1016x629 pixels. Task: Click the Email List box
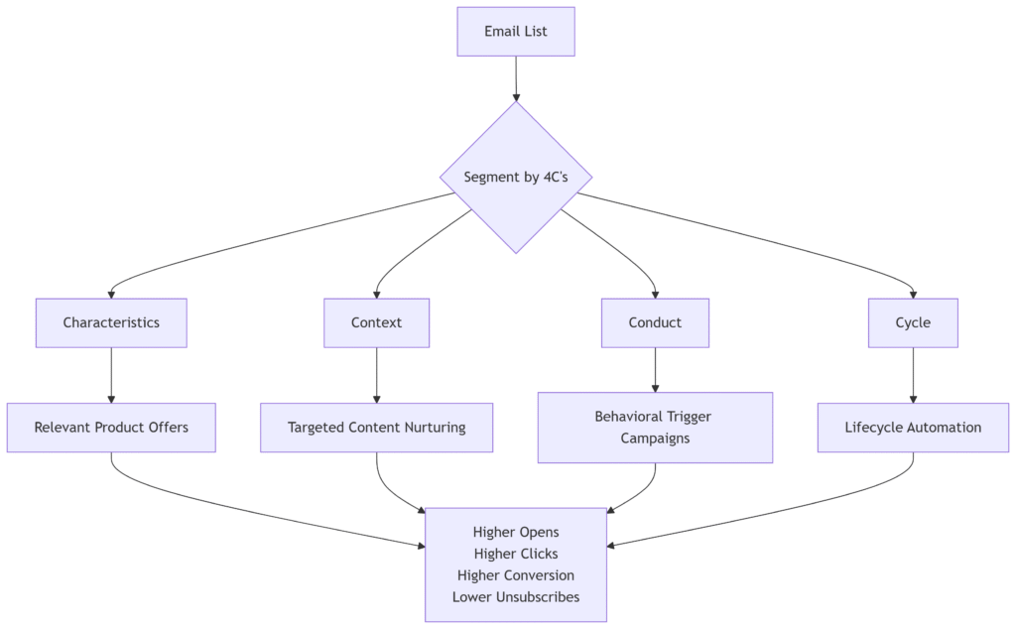[516, 32]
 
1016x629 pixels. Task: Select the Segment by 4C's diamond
[516, 178]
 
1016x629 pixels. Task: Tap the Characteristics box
[111, 322]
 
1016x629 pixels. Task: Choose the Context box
[376, 322]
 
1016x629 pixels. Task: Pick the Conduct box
[655, 322]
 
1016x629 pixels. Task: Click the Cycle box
[913, 322]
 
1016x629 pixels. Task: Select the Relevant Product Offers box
[111, 428]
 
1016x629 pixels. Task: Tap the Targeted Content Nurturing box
[376, 428]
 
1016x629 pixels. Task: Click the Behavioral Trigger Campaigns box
[655, 428]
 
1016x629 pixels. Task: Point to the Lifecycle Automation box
[913, 428]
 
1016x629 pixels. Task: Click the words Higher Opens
[516, 533]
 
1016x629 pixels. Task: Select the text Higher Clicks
[516, 554]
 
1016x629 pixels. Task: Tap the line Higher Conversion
[516, 575]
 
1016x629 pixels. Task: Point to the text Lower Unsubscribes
[516, 596]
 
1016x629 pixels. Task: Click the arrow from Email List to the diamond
[516, 79]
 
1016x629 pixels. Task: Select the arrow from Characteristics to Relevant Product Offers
[111, 376]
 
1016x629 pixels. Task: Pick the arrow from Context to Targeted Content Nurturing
[376, 376]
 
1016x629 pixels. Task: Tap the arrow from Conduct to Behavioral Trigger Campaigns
[655, 370]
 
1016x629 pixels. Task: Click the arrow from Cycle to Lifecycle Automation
[913, 376]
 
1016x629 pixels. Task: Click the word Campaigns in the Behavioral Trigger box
[655, 439]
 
